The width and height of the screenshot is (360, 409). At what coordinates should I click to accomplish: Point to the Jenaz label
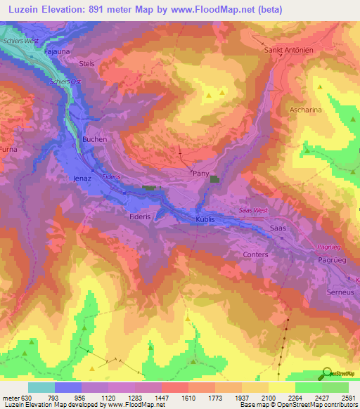point(83,179)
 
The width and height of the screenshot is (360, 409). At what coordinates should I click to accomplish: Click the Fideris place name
point(141,217)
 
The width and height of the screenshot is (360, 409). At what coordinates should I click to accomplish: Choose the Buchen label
point(95,139)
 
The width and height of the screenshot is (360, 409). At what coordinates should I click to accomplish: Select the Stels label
point(87,63)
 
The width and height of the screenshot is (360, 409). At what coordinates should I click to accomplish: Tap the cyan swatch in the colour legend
point(41,388)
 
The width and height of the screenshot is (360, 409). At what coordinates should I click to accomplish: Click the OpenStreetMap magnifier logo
point(325,374)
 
